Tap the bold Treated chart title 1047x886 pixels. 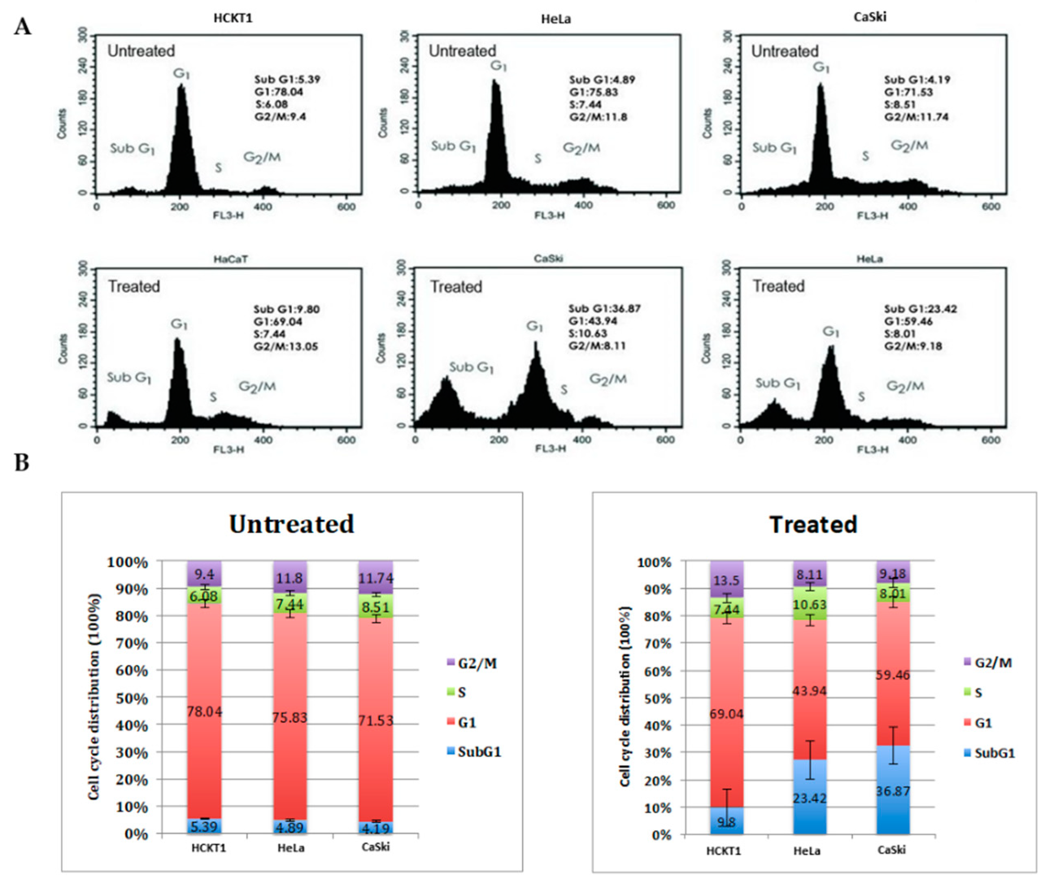(x=813, y=525)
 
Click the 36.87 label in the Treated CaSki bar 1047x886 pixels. (x=892, y=791)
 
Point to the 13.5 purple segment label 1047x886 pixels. (x=727, y=581)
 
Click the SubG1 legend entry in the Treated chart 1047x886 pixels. (x=994, y=753)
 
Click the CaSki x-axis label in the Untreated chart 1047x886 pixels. (x=376, y=847)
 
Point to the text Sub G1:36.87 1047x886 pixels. (x=604, y=308)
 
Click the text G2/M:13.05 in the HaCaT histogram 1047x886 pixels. (x=286, y=346)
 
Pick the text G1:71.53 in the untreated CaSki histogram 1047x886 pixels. (x=909, y=92)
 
